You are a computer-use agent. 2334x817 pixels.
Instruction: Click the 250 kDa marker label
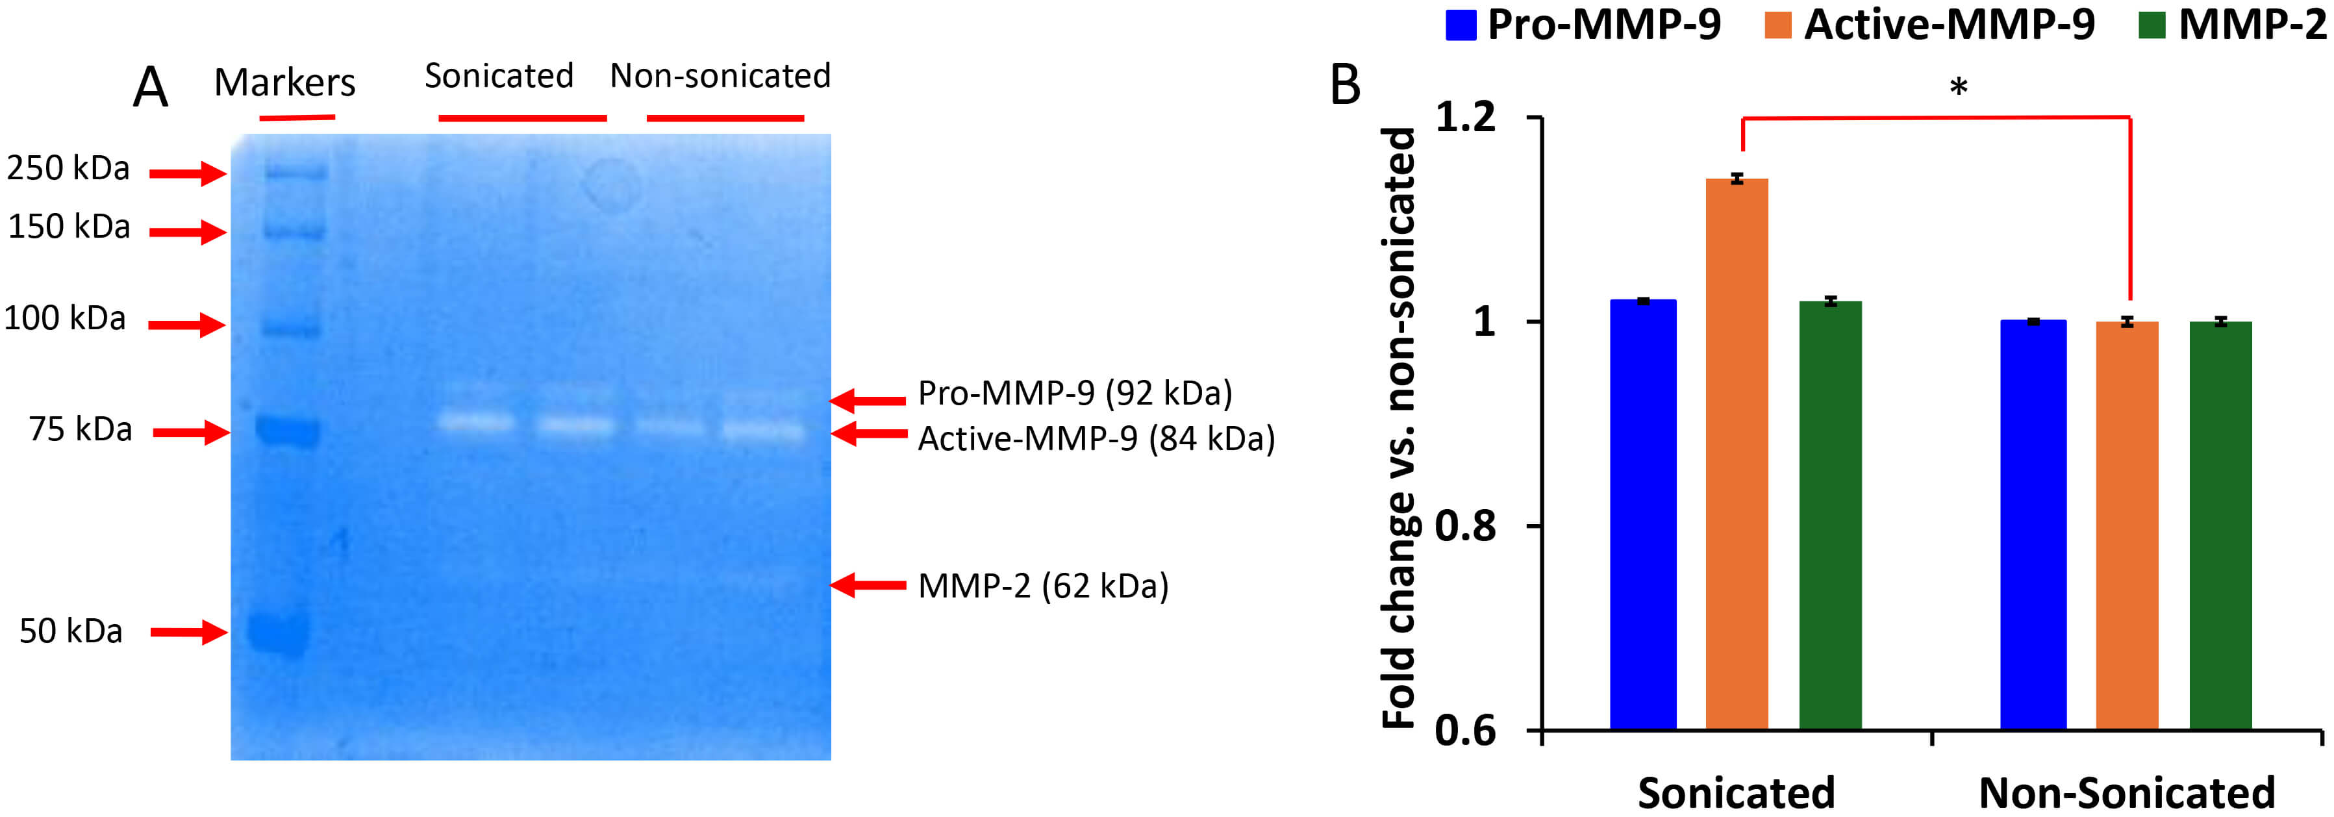point(68,168)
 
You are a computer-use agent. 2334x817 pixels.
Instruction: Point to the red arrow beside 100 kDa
point(186,324)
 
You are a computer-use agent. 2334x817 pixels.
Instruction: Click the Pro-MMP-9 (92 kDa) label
point(1075,393)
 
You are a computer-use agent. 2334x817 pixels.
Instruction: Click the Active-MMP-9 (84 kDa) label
point(1096,438)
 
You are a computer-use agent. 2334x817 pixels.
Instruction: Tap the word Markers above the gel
point(284,82)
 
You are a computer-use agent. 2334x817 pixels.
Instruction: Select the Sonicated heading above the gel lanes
point(499,75)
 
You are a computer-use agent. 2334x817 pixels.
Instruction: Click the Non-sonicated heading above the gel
point(720,75)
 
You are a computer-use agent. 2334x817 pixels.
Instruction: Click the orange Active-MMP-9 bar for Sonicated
point(1736,453)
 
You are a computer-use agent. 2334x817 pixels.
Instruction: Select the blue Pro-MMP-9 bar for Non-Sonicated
point(2033,525)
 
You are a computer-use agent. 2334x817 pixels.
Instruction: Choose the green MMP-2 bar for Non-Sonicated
point(2220,525)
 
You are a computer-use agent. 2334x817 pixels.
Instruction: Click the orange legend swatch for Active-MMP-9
point(1777,25)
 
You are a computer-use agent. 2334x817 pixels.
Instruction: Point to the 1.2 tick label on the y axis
point(1465,118)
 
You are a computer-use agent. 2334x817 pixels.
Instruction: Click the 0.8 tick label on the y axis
point(1465,525)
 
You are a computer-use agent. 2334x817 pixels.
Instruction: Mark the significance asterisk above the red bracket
point(1958,88)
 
